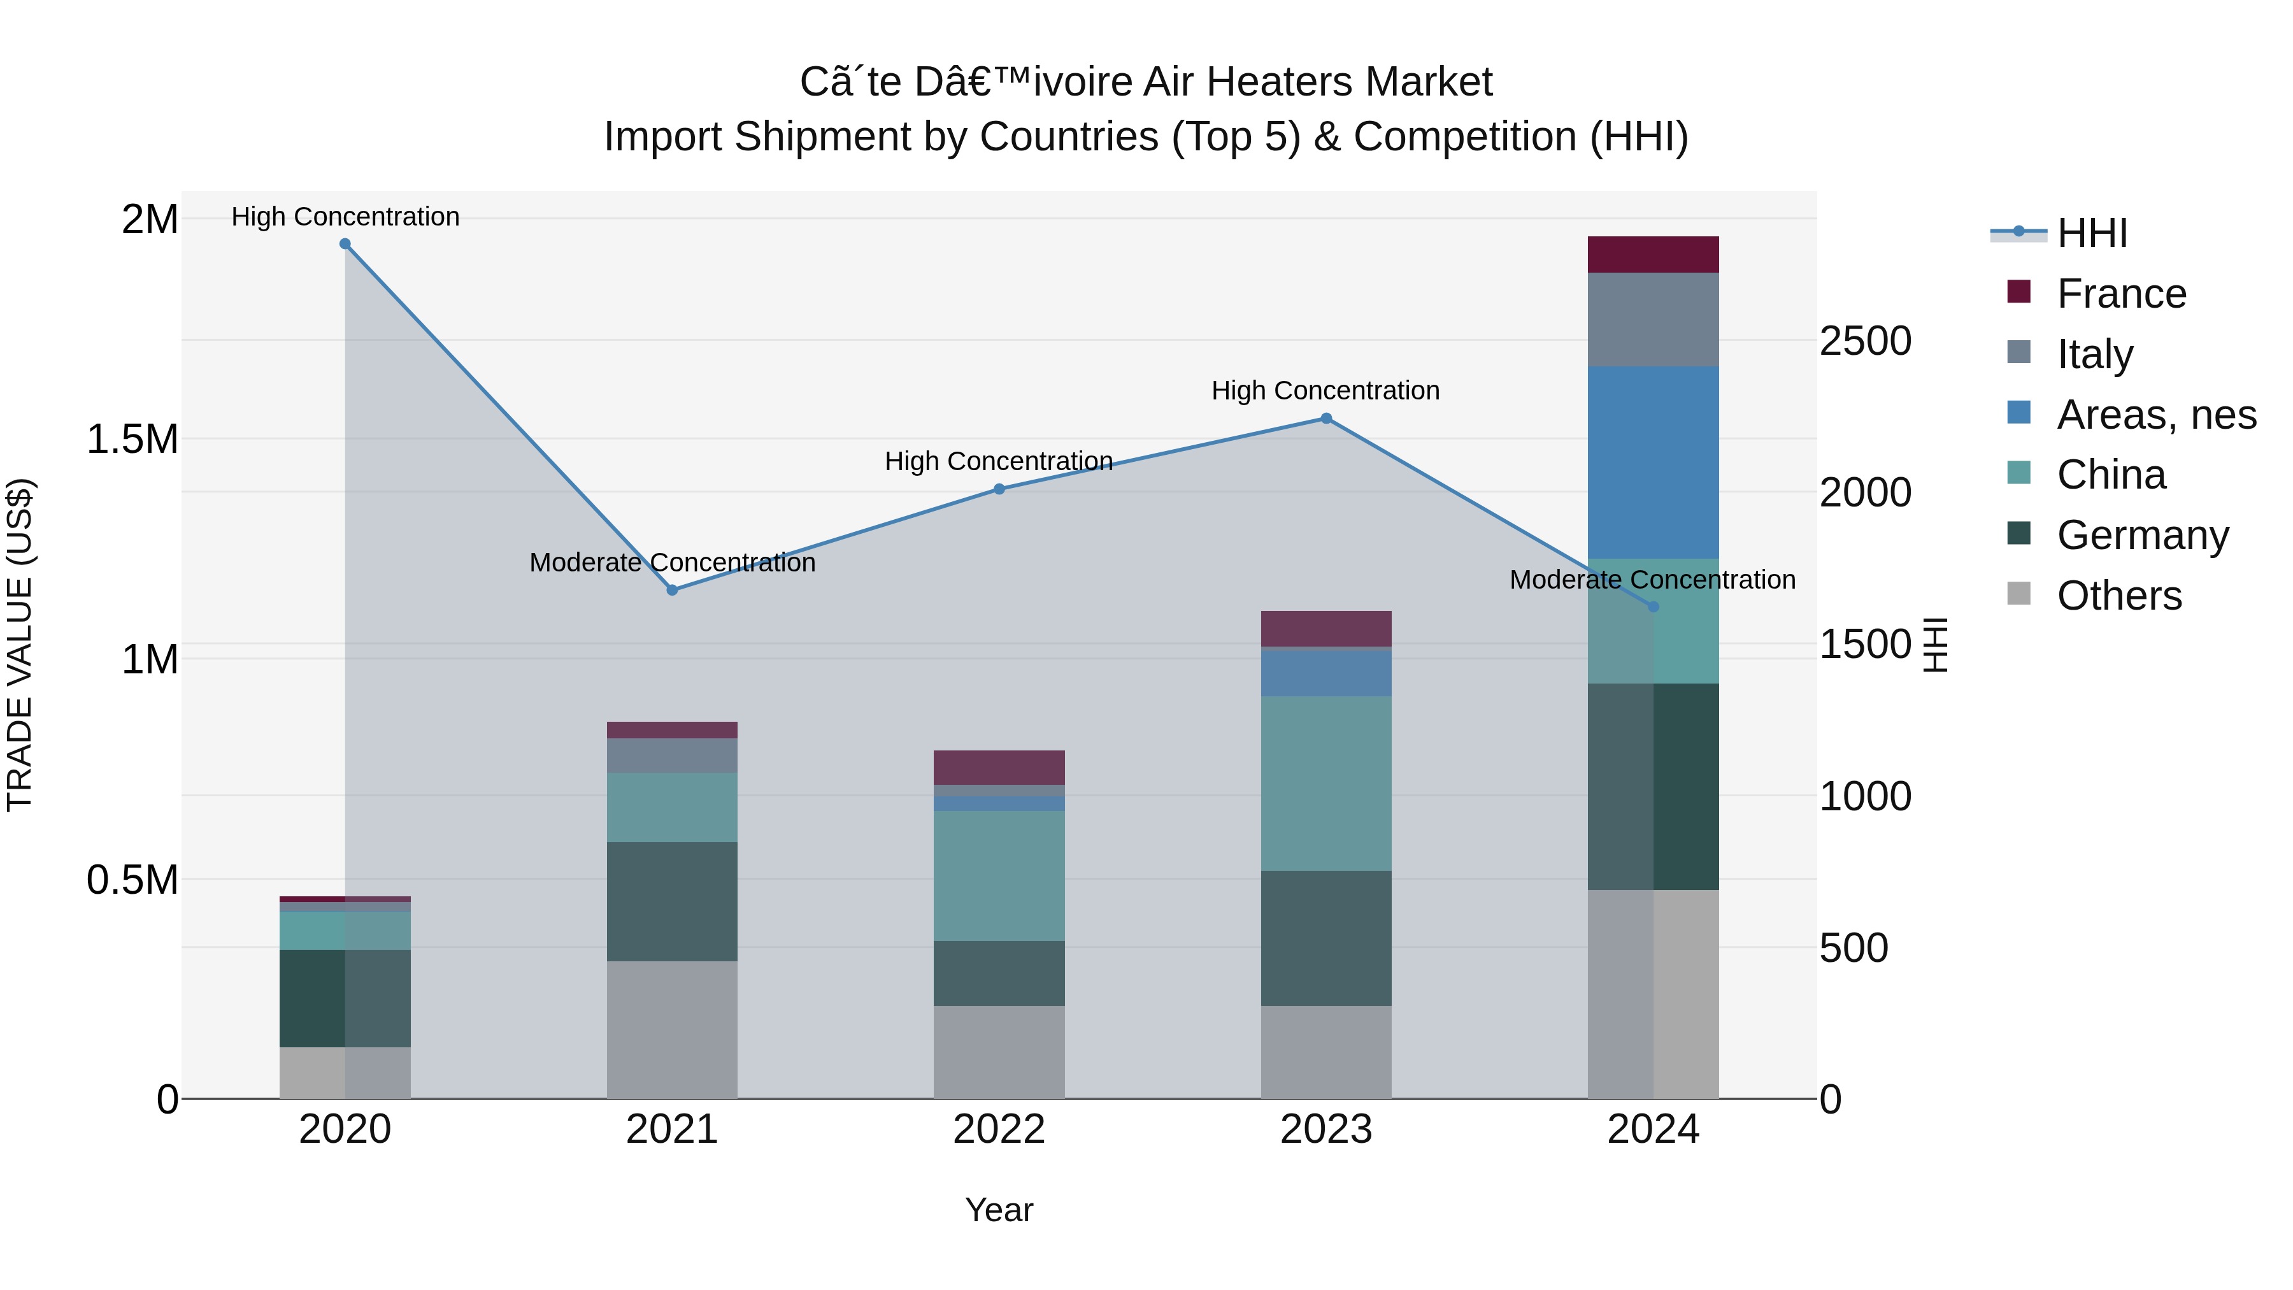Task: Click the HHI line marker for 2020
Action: pos(345,244)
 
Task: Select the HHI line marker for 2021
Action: pos(672,591)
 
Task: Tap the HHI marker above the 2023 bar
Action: pos(1326,419)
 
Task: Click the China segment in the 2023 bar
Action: pos(1326,784)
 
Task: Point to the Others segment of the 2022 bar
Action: pos(999,1052)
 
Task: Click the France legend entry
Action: pos(2121,294)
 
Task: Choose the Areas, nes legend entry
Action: pos(2156,415)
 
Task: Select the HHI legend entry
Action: pos(2092,233)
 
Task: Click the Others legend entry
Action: pos(2118,596)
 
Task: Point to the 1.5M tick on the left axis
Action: pos(132,439)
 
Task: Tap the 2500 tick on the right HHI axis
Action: pos(1865,341)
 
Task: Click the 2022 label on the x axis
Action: pos(999,1129)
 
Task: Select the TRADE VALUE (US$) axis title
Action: pos(20,645)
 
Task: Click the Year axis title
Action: pos(999,1210)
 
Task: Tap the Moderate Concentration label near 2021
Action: pos(672,563)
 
